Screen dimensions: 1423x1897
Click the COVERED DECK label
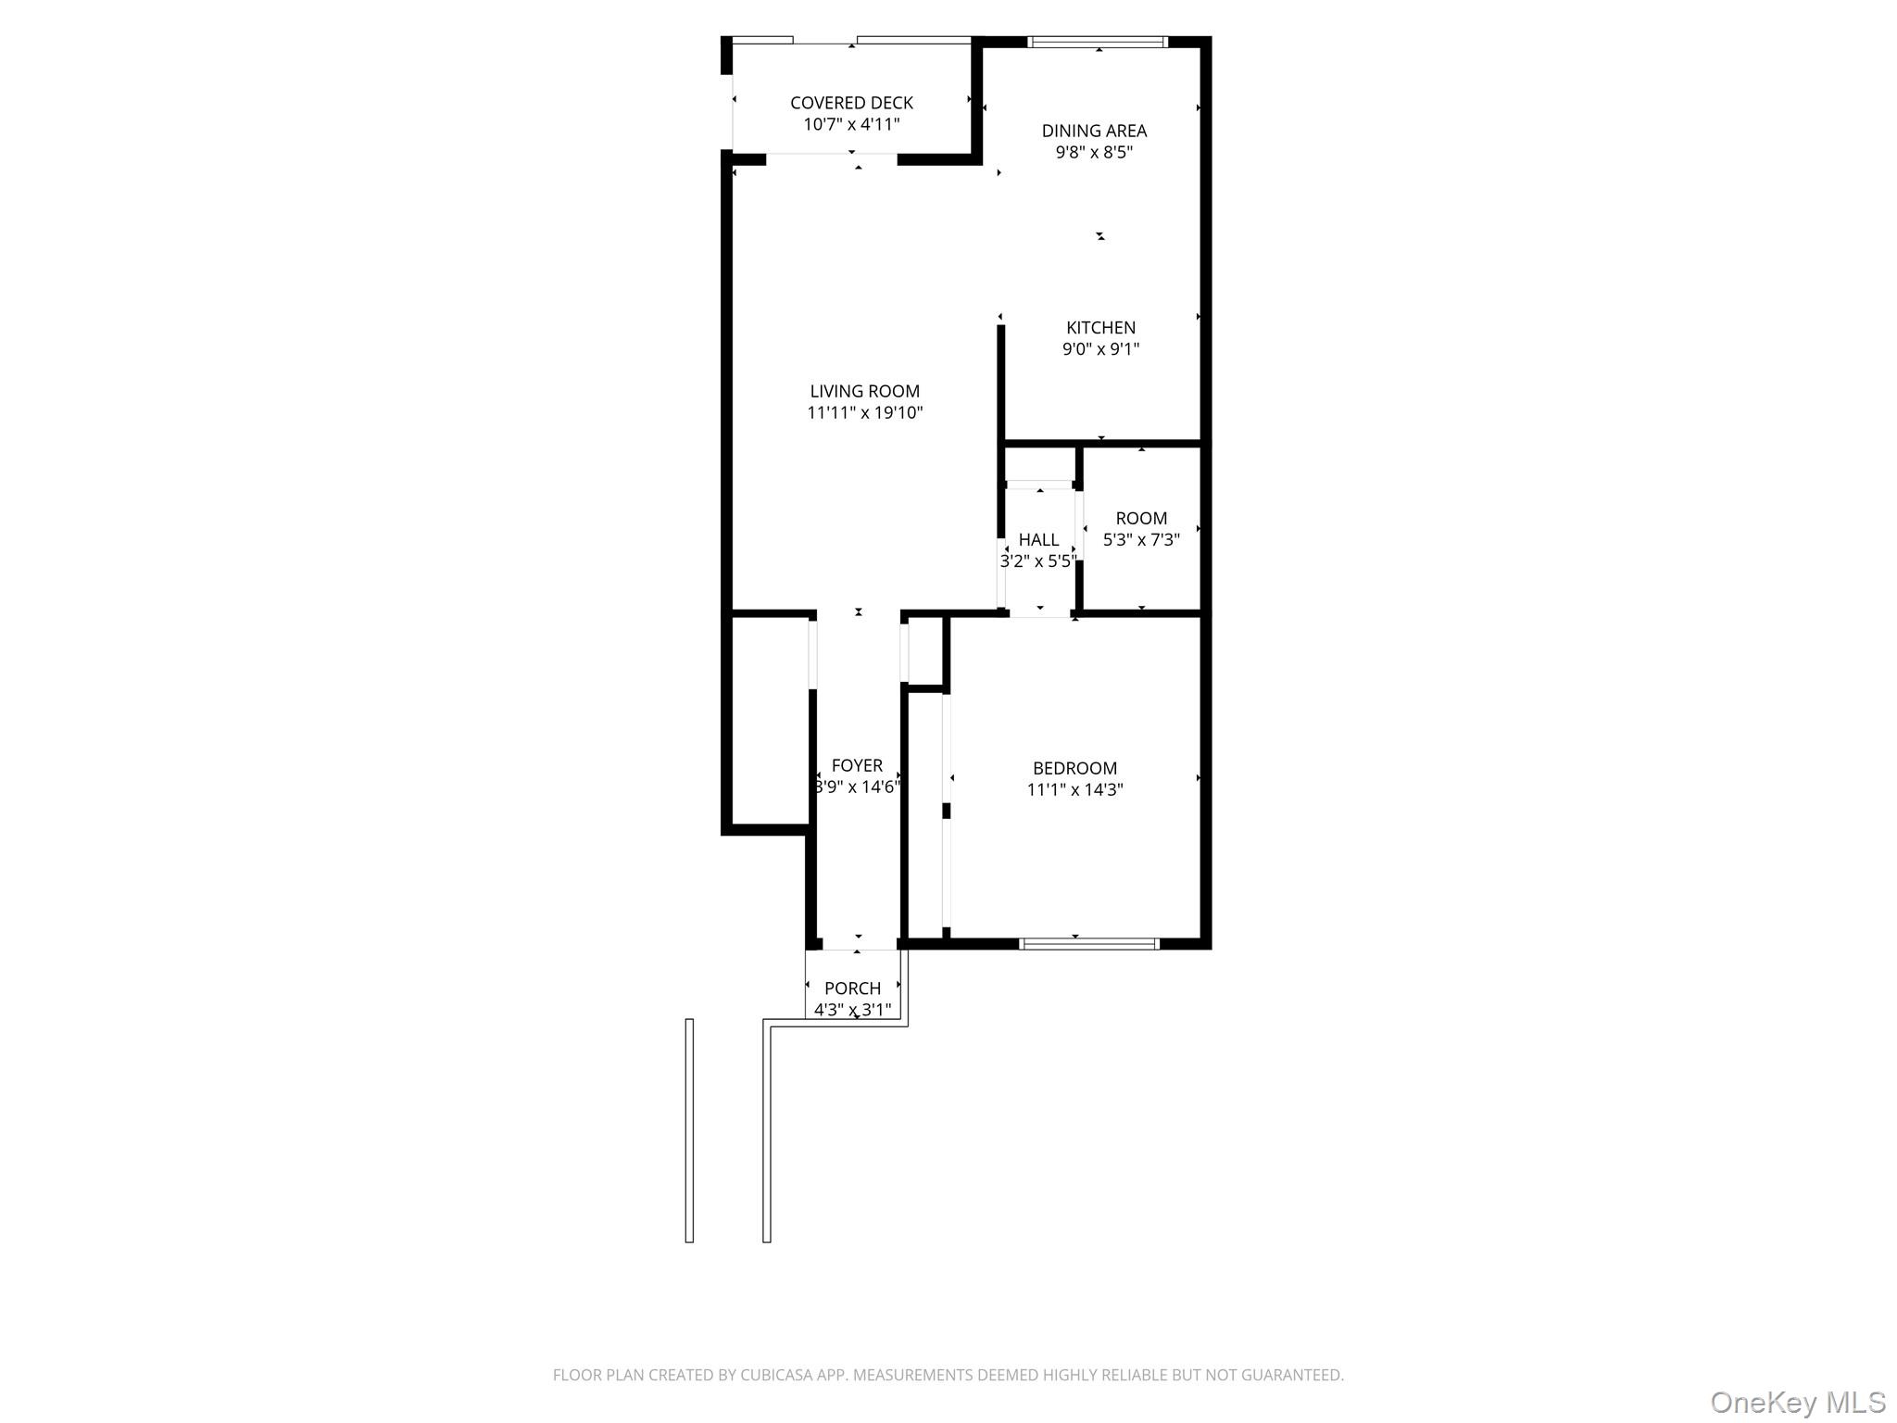coord(850,103)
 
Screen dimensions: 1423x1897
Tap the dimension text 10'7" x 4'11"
coord(850,125)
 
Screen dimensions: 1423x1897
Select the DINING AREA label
coord(1094,131)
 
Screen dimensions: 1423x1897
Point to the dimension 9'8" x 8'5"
coord(1094,153)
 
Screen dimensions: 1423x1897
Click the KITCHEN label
coord(1100,327)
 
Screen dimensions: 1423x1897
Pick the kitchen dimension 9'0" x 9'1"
coord(1100,349)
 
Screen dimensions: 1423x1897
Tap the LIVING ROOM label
coord(864,391)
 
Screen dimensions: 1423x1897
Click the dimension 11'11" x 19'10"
coord(864,413)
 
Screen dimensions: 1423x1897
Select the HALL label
coord(1038,540)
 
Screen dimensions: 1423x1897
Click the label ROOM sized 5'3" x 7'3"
coord(1141,518)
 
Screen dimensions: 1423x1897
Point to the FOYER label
coord(857,765)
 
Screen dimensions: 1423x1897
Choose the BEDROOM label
coord(1074,768)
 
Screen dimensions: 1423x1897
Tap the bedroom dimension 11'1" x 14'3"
coord(1074,790)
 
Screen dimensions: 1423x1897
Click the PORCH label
coord(852,989)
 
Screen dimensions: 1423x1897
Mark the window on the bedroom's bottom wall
coord(1088,944)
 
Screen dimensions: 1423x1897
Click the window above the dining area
coord(1099,42)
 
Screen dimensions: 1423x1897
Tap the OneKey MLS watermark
coord(1797,1402)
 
